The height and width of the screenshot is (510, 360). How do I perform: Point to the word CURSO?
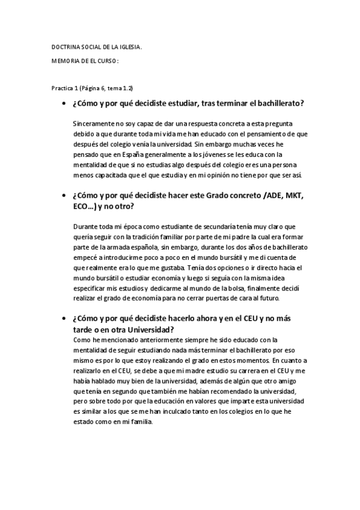tap(106, 61)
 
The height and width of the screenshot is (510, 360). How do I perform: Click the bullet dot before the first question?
tap(63, 104)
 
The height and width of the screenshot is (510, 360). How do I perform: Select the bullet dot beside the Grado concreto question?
tap(63, 195)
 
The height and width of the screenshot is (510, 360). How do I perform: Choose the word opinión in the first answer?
tap(215, 175)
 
